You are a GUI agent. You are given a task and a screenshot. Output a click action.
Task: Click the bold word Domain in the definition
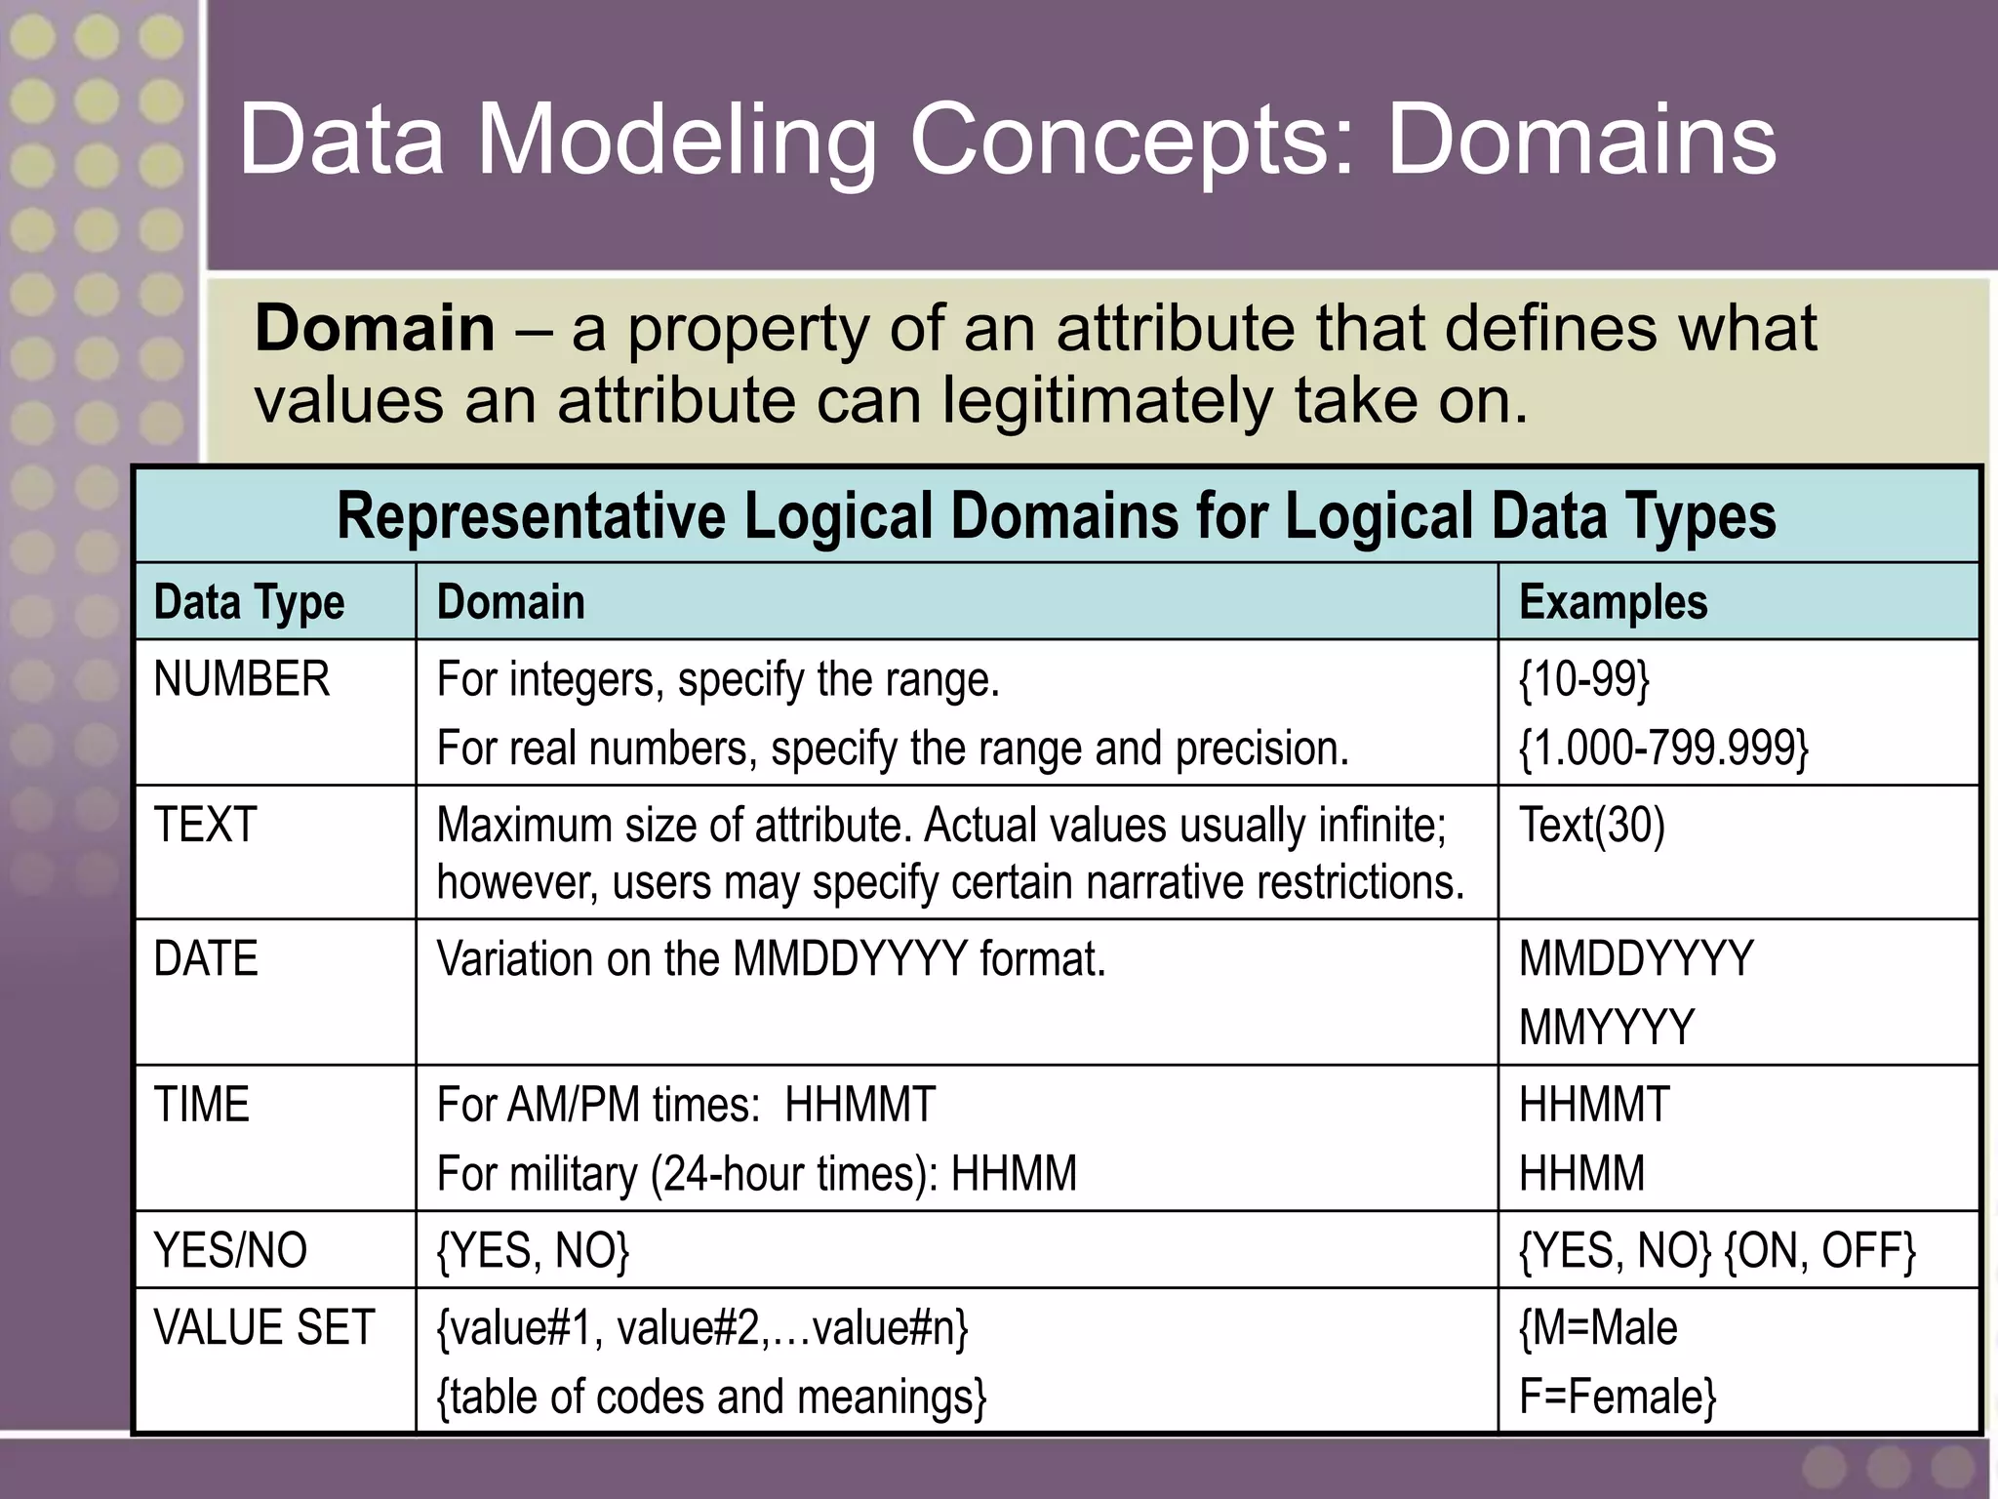[x=375, y=328]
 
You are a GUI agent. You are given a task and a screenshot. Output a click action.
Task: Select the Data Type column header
[x=249, y=602]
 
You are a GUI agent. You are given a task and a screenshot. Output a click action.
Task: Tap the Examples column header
[x=1613, y=602]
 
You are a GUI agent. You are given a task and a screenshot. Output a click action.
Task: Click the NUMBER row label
[x=241, y=679]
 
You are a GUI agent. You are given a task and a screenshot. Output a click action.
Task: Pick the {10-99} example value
[x=1584, y=679]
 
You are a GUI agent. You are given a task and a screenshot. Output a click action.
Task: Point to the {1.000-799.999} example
[x=1663, y=749]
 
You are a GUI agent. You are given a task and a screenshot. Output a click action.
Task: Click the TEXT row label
[x=205, y=826]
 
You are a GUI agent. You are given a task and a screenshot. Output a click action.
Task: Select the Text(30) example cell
[x=1591, y=826]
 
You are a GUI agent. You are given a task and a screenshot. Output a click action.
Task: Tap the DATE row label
[x=206, y=959]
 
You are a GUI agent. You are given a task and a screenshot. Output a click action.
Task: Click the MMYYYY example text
[x=1607, y=1028]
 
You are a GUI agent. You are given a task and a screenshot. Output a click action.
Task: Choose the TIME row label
[x=201, y=1106]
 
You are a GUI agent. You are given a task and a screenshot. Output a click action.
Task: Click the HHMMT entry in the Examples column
[x=1594, y=1106]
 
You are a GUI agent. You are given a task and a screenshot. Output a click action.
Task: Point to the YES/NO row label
[x=230, y=1251]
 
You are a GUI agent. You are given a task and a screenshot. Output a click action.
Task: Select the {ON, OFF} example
[x=1820, y=1251]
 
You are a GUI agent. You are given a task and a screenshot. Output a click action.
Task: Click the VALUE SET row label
[x=264, y=1328]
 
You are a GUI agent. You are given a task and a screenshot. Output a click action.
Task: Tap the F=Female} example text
[x=1617, y=1397]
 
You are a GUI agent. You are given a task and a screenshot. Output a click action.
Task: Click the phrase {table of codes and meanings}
[x=711, y=1397]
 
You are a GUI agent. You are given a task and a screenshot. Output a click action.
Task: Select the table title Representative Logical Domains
[x=1056, y=516]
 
